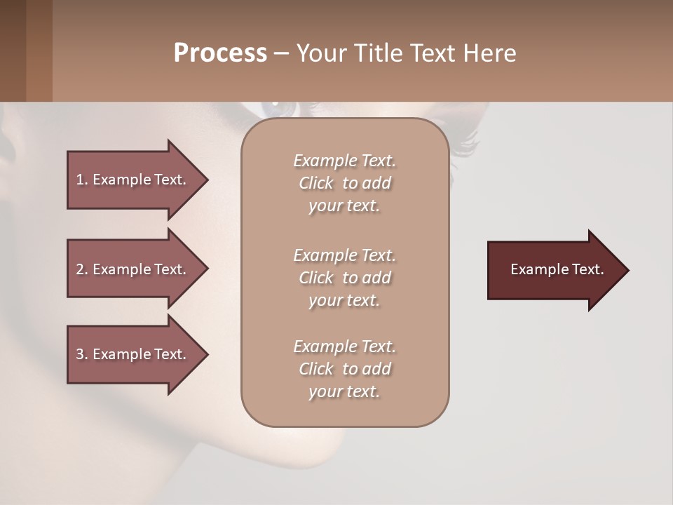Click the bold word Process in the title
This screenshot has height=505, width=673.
click(x=220, y=53)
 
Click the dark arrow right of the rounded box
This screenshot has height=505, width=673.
click(x=554, y=270)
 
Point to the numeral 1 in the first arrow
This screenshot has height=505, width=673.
click(x=79, y=180)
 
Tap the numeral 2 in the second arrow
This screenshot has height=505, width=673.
click(x=79, y=269)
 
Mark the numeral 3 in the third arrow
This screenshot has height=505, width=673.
click(x=79, y=354)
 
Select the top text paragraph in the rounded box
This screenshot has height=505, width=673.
click(x=344, y=183)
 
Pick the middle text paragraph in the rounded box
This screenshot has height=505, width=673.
click(x=344, y=277)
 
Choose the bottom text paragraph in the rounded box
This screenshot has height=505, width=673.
click(x=344, y=369)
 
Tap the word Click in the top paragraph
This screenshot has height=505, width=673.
click(x=315, y=183)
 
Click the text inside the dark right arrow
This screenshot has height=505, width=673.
click(x=557, y=269)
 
